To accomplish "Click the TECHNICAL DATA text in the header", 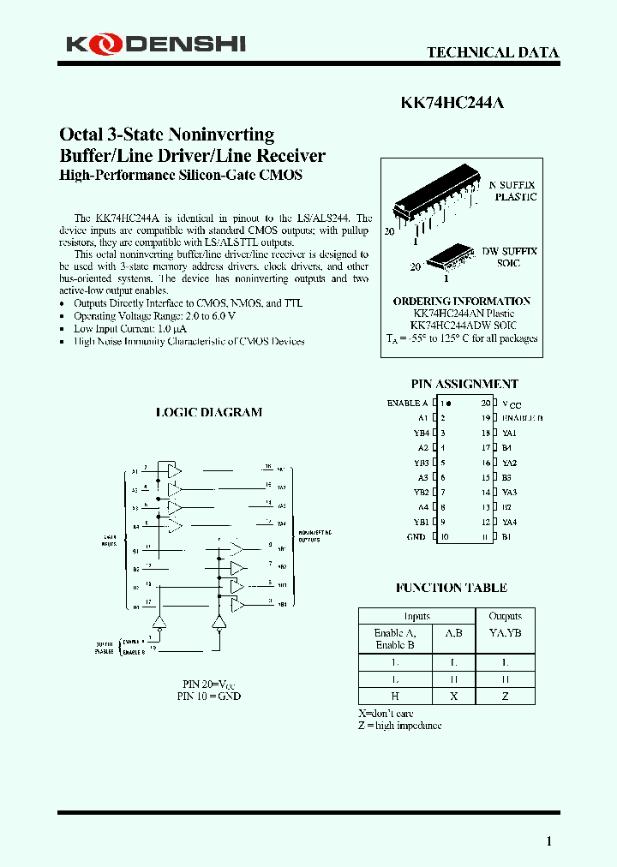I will (493, 53).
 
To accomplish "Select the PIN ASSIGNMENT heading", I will (464, 385).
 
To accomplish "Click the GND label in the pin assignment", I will (417, 537).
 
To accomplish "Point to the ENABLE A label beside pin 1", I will (407, 403).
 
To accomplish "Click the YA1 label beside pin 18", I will (509, 433).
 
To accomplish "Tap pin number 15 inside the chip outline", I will (485, 478).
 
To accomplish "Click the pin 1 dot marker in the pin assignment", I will (448, 403).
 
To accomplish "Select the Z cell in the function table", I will (505, 697).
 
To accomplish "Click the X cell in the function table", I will (453, 697).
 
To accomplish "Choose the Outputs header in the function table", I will (505, 616).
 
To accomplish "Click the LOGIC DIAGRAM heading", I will (208, 412).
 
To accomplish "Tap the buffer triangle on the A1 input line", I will (174, 471).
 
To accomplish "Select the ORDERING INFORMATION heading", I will (461, 302).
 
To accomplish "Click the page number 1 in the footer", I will (549, 841).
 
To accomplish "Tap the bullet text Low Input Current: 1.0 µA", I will (130, 329).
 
